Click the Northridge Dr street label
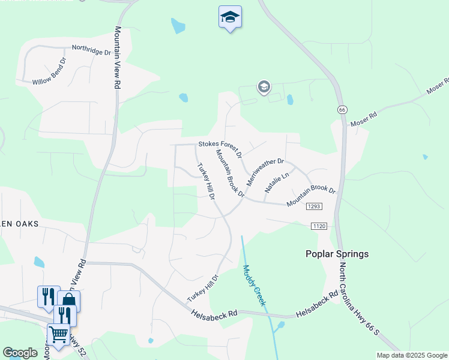click(x=91, y=49)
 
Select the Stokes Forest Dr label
click(x=219, y=147)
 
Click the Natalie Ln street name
click(x=277, y=183)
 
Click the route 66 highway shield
click(x=342, y=110)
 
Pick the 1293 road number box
click(x=314, y=206)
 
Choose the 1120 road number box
click(x=319, y=226)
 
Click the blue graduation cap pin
click(x=230, y=17)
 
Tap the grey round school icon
click(x=264, y=88)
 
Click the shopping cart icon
click(x=58, y=334)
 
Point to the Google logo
click(x=20, y=353)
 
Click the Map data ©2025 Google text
click(x=412, y=355)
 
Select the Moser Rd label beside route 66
click(x=364, y=118)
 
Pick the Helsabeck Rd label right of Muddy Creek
click(x=317, y=305)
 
